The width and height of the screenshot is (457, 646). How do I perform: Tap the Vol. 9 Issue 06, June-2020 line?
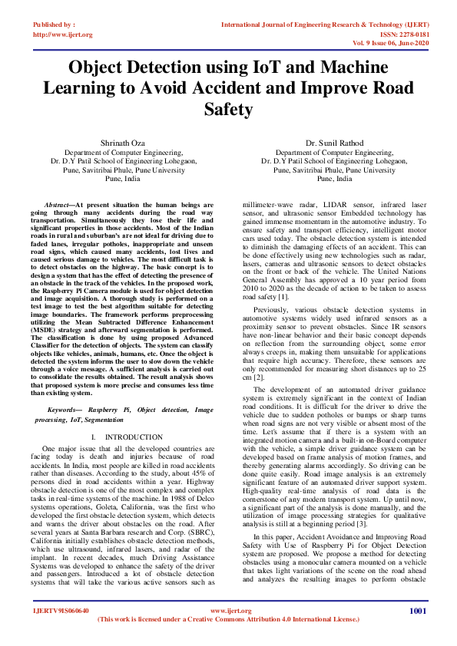click(x=391, y=44)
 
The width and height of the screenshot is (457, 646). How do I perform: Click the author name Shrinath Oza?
click(x=123, y=143)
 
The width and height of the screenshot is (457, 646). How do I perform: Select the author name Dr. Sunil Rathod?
click(x=334, y=143)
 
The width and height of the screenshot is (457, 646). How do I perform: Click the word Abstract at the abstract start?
click(x=60, y=206)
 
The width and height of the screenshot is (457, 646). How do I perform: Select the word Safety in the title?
click(x=228, y=110)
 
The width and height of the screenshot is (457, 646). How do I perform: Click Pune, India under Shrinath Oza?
click(x=123, y=178)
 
